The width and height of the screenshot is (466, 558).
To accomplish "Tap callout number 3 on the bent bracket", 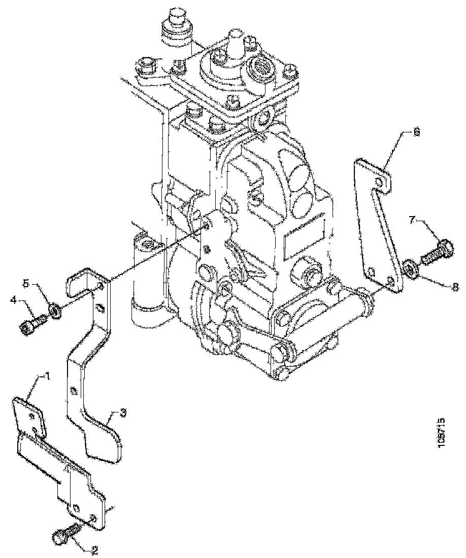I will (x=116, y=414).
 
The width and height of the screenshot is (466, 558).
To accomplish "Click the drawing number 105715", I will (x=442, y=433).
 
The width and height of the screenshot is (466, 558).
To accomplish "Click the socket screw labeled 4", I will (x=32, y=324).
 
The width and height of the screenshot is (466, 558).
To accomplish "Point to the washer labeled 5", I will (x=55, y=309).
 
